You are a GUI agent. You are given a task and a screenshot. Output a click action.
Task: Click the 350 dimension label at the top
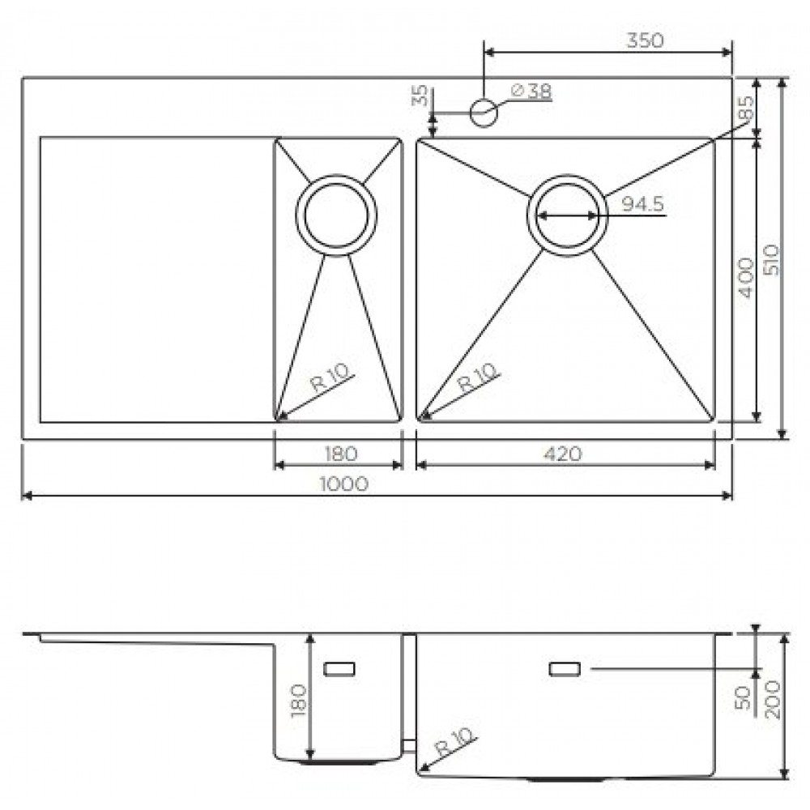pyautogui.click(x=644, y=40)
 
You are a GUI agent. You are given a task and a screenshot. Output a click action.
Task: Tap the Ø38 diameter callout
pyautogui.click(x=531, y=92)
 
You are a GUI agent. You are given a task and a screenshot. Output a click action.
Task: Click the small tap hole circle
pyautogui.click(x=484, y=112)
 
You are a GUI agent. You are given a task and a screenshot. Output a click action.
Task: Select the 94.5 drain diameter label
pyautogui.click(x=642, y=205)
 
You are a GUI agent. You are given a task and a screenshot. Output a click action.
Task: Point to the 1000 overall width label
pyautogui.click(x=344, y=484)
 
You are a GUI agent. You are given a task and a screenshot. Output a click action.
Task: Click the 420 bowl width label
pyautogui.click(x=563, y=454)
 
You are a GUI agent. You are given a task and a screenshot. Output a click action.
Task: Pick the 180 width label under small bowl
pyautogui.click(x=341, y=454)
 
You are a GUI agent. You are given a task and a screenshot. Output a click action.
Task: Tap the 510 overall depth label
pyautogui.click(x=771, y=260)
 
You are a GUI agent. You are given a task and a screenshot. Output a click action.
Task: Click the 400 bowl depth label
pyautogui.click(x=746, y=278)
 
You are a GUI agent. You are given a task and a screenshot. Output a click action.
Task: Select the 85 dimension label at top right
pyautogui.click(x=746, y=108)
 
